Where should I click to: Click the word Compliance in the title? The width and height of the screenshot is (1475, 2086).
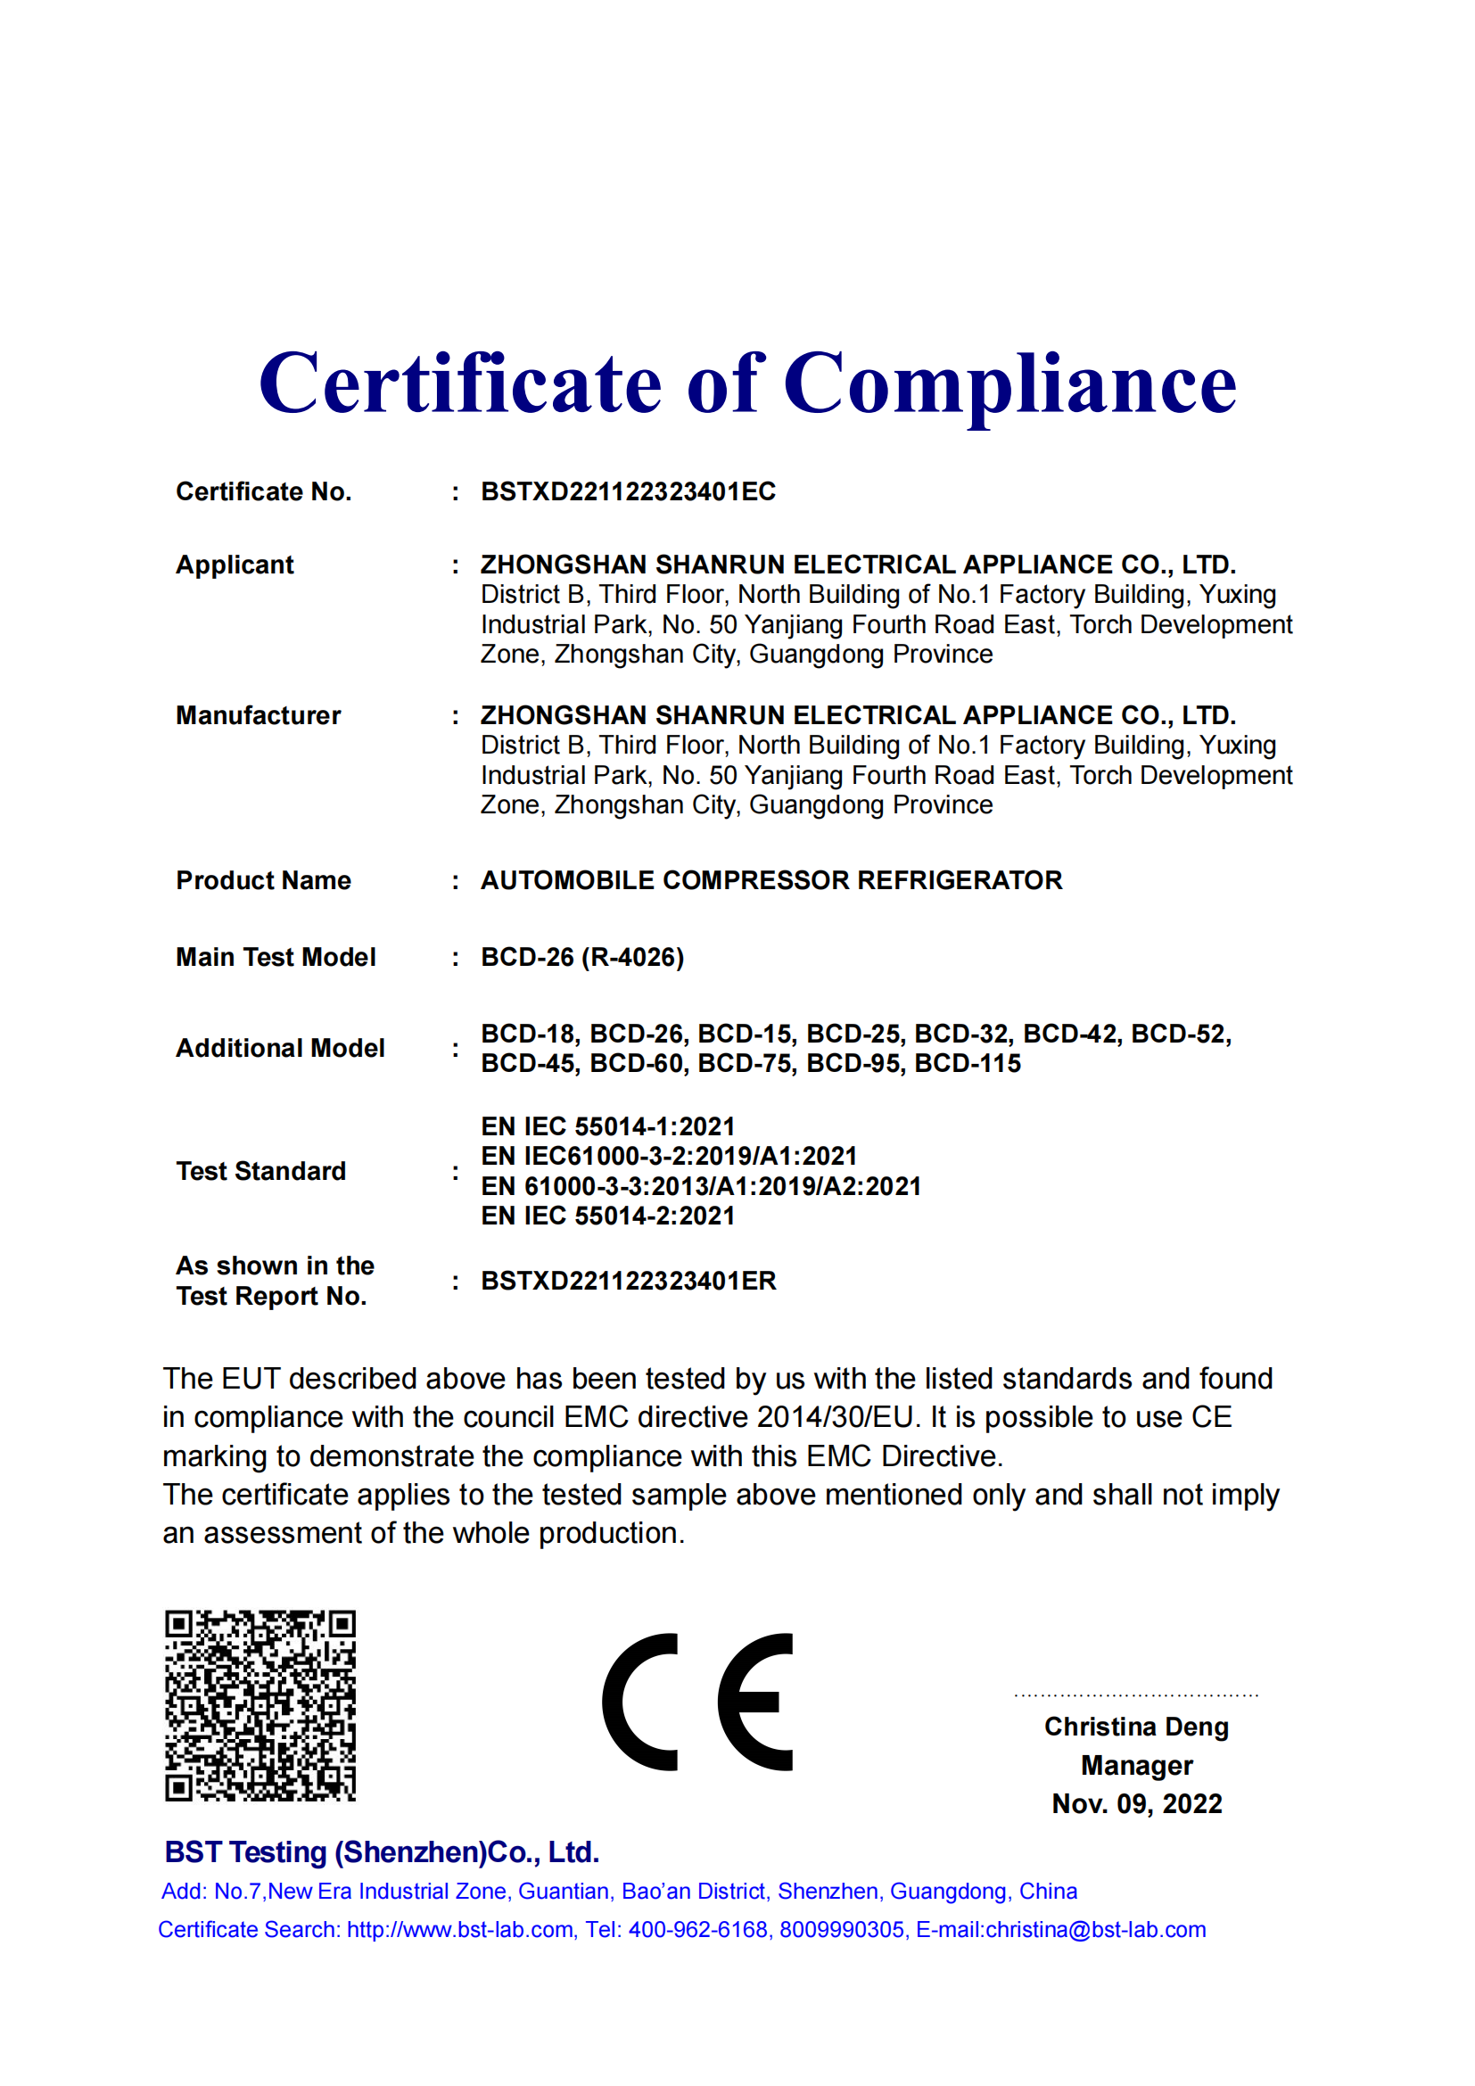coord(1009,384)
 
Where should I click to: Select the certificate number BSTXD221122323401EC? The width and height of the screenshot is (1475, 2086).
coord(628,491)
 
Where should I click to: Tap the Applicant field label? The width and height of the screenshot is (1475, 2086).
coord(235,565)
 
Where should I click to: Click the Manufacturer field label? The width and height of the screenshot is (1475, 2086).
coord(258,716)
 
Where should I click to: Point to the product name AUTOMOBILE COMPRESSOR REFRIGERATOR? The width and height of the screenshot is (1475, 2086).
coord(771,880)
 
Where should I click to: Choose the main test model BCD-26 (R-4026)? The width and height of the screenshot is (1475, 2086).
coord(582,958)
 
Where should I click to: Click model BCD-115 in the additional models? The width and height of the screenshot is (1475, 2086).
coord(968,1064)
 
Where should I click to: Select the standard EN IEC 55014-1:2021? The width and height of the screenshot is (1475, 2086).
coord(607,1126)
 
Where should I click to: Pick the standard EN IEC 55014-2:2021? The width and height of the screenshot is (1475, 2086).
coord(607,1216)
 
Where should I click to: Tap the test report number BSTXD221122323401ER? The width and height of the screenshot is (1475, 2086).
coord(628,1281)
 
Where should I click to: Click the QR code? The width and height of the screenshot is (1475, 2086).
coord(260,1706)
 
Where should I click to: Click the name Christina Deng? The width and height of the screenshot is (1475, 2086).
coord(1136,1727)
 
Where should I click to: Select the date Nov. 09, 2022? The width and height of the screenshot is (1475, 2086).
coord(1136,1803)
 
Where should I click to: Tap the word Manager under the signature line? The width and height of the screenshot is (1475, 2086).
coord(1136,1765)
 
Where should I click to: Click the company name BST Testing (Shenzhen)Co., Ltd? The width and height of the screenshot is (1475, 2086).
coord(382,1852)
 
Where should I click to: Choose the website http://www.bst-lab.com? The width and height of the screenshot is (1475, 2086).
coord(459,1930)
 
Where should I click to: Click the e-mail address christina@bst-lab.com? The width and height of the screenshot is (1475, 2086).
coord(1095,1930)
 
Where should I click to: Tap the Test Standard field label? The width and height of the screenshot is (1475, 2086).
coord(260,1171)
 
